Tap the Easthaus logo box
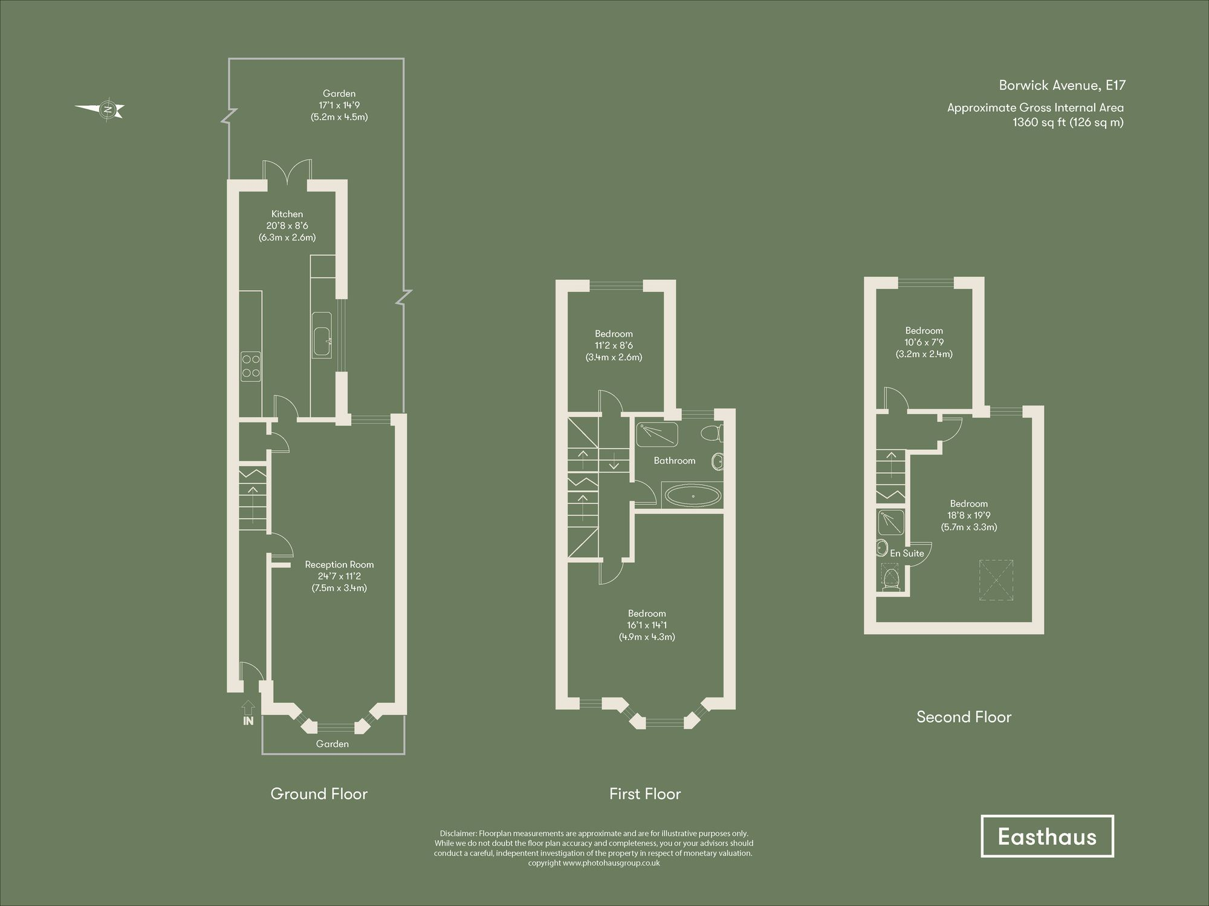1046,836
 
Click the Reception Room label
339,565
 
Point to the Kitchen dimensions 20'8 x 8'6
287,225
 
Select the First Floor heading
644,794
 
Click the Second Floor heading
964,717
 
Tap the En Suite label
907,553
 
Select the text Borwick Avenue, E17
1062,85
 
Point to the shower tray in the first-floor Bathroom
656,433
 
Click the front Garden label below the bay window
332,744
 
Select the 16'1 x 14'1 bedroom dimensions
647,625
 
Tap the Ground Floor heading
319,794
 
